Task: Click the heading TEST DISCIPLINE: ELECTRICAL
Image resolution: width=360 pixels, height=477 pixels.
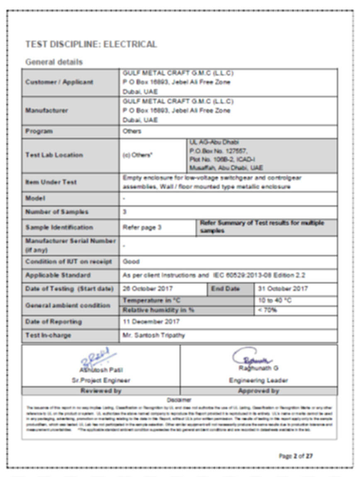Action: [x=91, y=44]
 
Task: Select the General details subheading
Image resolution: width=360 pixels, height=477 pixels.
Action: [x=54, y=62]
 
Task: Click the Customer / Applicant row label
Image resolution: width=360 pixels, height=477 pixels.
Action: [x=59, y=82]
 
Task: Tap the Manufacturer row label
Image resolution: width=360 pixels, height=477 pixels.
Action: [x=46, y=111]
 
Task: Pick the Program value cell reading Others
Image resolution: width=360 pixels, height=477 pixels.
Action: [x=132, y=131]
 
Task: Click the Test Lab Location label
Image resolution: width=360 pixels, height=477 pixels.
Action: [x=54, y=155]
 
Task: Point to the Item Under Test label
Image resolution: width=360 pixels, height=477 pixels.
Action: [x=51, y=182]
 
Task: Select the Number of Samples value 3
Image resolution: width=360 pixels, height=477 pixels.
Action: [x=125, y=212]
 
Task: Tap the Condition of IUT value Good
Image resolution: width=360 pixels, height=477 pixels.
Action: [x=131, y=262]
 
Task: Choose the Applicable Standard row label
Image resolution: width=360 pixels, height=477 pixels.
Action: [x=58, y=275]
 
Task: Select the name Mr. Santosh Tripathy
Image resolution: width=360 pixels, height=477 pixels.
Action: [x=154, y=335]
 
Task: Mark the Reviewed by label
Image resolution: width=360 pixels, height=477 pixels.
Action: [x=101, y=391]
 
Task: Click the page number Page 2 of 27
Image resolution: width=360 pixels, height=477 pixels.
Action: [x=296, y=456]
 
